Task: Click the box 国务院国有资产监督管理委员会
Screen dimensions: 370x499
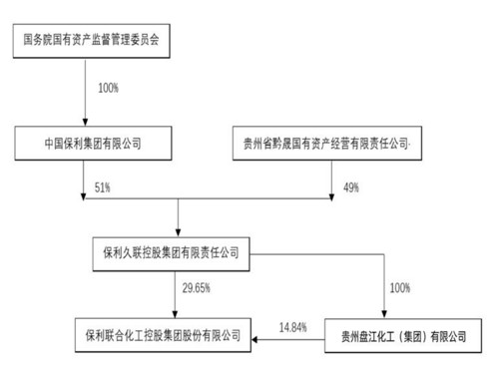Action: pyautogui.click(x=93, y=42)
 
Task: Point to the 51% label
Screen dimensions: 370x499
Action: pyautogui.click(x=97, y=186)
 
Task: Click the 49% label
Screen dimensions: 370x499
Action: pyautogui.click(x=350, y=186)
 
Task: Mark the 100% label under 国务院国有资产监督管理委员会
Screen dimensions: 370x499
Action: pyautogui.click(x=108, y=89)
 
